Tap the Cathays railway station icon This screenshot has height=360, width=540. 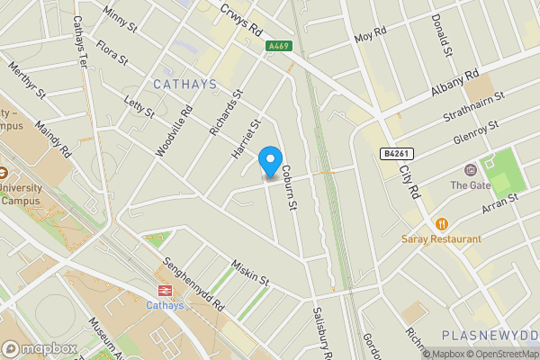[x=165, y=290]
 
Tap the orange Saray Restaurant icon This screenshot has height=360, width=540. [x=441, y=223]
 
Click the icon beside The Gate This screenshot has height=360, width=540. [x=469, y=170]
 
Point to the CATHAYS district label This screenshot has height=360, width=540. [x=184, y=85]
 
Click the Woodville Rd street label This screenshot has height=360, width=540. [x=175, y=133]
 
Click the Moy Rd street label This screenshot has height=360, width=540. [x=370, y=37]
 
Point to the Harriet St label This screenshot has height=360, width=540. [x=246, y=139]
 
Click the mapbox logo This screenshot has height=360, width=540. [x=40, y=348]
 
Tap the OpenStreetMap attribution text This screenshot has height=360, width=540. [x=500, y=353]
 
